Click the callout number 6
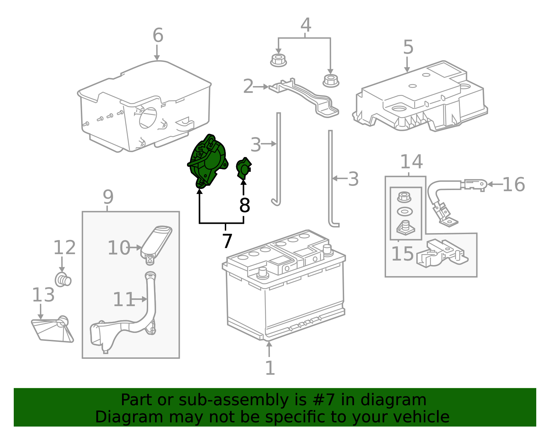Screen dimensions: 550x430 point(158,35)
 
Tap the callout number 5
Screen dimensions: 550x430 point(408,47)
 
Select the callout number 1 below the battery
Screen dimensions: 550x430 point(270,368)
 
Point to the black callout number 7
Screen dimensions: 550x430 point(227,241)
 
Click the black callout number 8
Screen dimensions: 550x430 point(244,205)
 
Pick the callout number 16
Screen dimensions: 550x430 point(514,185)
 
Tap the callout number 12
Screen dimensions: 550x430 point(64,248)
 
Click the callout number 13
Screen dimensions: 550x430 point(43,295)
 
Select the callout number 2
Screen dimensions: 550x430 point(248,86)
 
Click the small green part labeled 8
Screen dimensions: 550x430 point(243,168)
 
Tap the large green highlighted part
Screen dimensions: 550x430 point(208,161)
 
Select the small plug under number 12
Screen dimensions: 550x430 point(63,280)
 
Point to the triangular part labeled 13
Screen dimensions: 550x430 point(52,330)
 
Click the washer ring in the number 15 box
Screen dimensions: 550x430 point(405,212)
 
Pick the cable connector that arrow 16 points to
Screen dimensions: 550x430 point(476,185)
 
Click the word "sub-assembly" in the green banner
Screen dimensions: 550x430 point(234,400)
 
